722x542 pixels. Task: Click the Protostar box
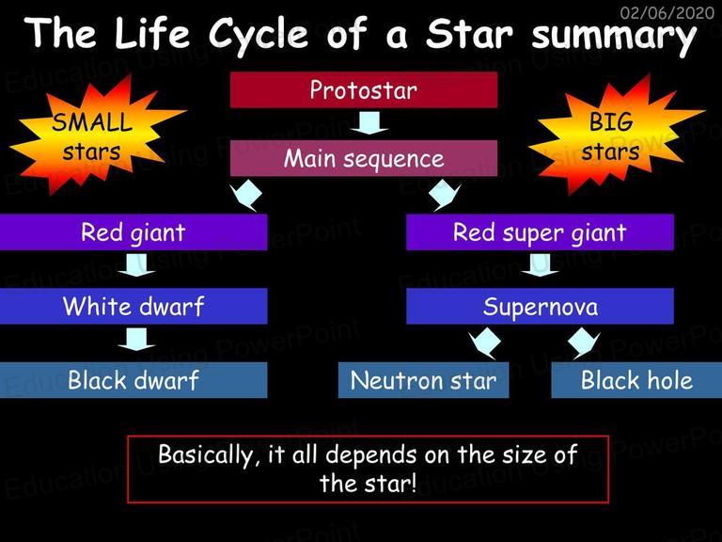coord(364,90)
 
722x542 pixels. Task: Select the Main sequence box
coord(364,158)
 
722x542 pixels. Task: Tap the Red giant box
coord(133,232)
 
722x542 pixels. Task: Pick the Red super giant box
coord(540,232)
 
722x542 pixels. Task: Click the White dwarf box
coord(133,306)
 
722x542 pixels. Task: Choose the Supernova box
coord(540,306)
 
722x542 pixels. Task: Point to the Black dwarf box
coord(133,380)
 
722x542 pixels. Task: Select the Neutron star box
coord(424,380)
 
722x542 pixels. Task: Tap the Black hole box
coord(636,380)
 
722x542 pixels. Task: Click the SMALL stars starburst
coord(94,135)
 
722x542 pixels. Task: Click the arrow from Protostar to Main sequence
coord(369,123)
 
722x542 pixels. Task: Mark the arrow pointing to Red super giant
coord(444,195)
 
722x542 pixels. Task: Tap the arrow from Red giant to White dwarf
coord(136,265)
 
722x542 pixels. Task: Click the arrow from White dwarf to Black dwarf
coord(136,339)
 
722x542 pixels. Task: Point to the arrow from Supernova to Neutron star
coord(484,343)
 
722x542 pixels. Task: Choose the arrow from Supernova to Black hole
coord(584,343)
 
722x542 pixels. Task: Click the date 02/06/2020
coord(667,12)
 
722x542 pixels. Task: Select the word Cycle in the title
coord(259,35)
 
